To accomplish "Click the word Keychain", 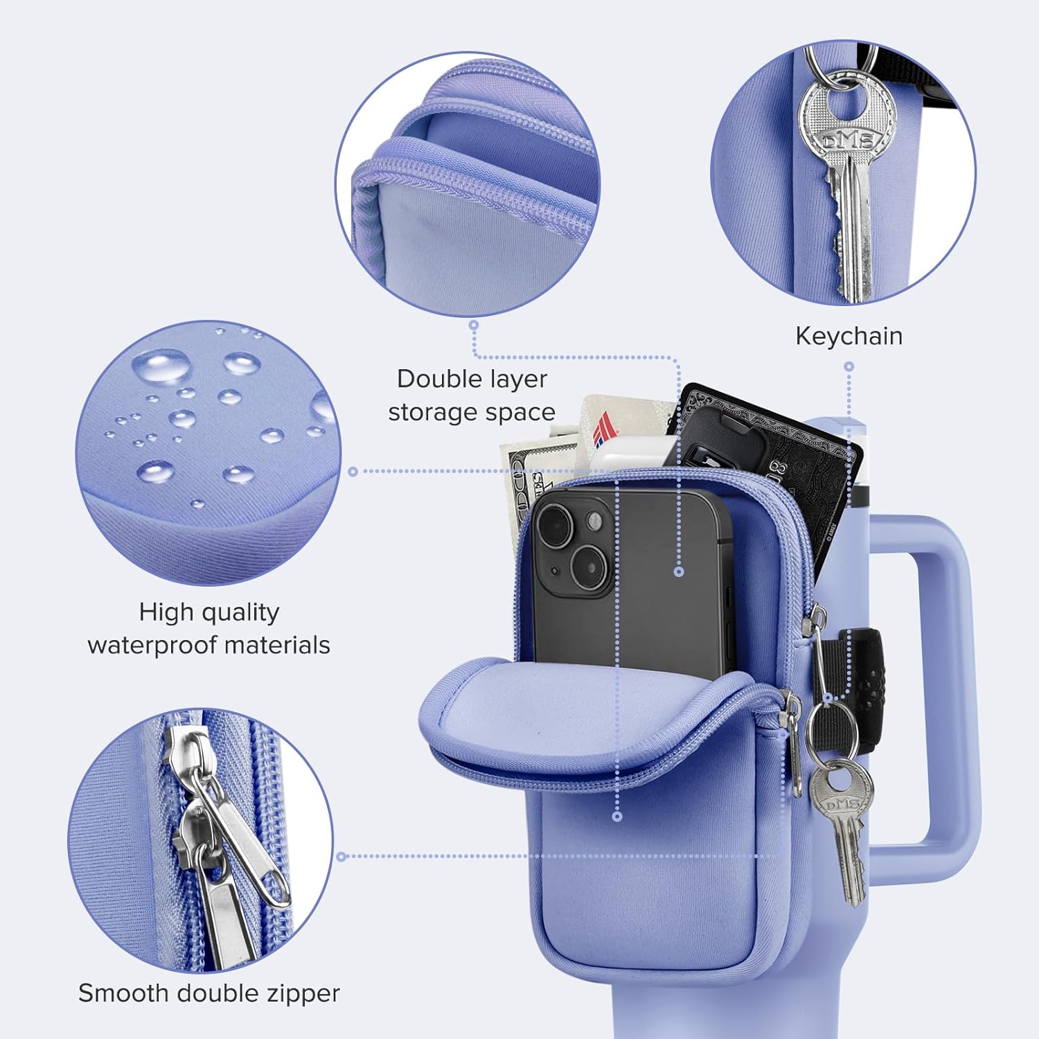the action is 849,336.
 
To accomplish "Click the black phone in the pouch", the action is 630,582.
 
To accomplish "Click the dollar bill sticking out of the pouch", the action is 530,485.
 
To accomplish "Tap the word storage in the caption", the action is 434,413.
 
